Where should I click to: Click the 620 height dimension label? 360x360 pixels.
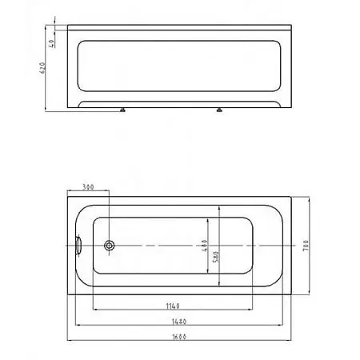click(x=42, y=68)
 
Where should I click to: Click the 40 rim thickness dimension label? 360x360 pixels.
click(x=51, y=43)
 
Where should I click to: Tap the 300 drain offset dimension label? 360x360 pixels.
click(x=88, y=187)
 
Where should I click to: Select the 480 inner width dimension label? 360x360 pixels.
click(x=205, y=246)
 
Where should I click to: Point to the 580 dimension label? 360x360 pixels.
click(x=216, y=257)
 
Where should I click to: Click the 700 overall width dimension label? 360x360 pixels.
click(x=306, y=246)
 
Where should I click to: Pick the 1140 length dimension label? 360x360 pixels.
click(x=173, y=306)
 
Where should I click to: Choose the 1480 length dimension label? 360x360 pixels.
click(x=179, y=322)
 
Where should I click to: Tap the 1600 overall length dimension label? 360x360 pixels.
click(x=179, y=337)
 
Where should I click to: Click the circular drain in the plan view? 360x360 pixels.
click(x=110, y=246)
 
